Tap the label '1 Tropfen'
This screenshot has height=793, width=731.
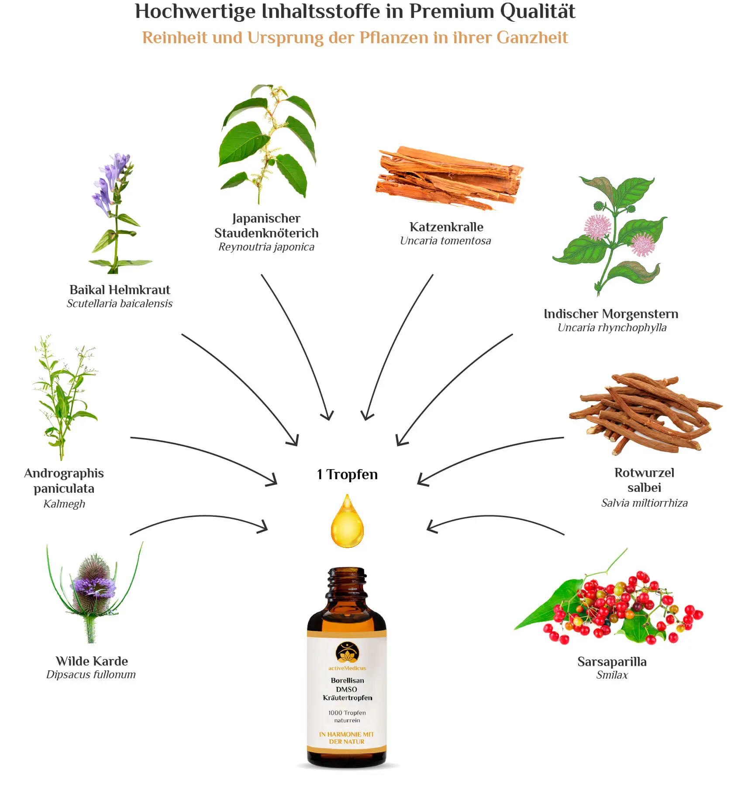pos(347,474)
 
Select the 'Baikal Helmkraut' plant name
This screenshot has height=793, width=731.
pos(120,290)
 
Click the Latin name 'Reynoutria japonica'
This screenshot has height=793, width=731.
pos(266,247)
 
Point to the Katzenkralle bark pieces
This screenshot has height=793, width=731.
pos(450,178)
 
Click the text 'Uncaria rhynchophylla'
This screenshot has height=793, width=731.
pos(612,328)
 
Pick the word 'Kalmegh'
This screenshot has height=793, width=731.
pos(64,504)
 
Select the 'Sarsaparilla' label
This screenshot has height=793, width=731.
pos(612,662)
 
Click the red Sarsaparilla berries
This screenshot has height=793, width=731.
pos(620,607)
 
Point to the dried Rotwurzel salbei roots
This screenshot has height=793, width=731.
pos(645,412)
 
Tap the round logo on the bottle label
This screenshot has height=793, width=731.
pos(347,652)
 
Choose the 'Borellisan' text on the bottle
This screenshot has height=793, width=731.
pos(347,680)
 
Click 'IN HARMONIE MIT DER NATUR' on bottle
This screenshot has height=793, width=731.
pos(347,738)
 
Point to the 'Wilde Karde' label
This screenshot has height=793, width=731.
pos(92,661)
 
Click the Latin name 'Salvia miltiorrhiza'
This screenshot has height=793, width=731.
pos(644,503)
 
